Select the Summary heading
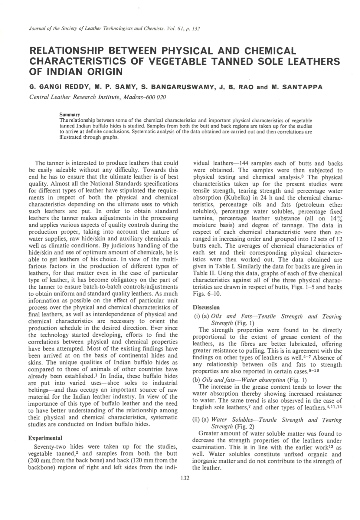[70, 115]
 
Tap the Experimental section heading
[45, 438]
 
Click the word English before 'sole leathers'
[203, 407]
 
